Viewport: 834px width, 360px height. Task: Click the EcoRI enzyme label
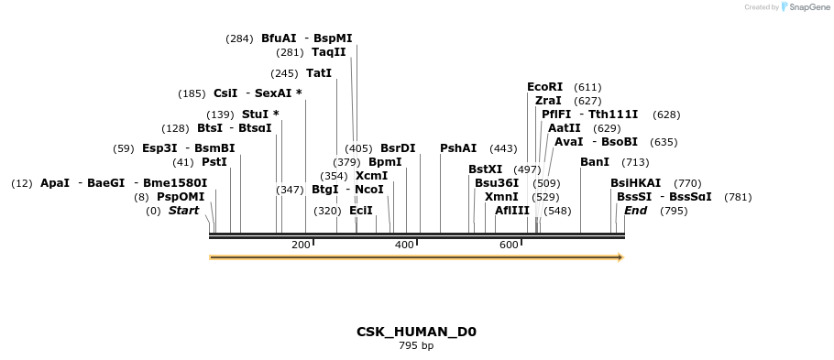(x=544, y=87)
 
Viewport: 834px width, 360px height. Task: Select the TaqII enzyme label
(x=329, y=52)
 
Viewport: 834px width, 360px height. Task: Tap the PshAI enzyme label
(x=458, y=148)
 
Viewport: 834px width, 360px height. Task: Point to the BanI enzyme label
(x=595, y=162)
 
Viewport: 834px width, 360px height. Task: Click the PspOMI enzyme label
(x=181, y=197)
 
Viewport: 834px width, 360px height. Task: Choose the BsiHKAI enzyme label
(x=635, y=183)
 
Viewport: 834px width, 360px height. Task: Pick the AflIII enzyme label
(x=512, y=211)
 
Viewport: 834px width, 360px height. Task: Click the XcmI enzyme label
(x=371, y=176)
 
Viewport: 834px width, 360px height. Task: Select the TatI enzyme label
(x=319, y=73)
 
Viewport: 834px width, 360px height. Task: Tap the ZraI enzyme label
(x=548, y=101)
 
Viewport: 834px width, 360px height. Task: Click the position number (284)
(x=239, y=38)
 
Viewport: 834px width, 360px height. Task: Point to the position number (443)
(x=503, y=148)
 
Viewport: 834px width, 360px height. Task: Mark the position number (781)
(x=738, y=197)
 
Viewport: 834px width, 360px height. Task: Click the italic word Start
(x=183, y=211)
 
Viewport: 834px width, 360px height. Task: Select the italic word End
(x=635, y=211)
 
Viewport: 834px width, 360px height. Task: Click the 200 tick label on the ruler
(x=301, y=245)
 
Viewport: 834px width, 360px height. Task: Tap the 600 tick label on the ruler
(x=509, y=245)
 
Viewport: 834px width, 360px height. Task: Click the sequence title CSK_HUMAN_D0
(x=416, y=332)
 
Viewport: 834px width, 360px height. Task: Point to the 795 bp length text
(x=416, y=346)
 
